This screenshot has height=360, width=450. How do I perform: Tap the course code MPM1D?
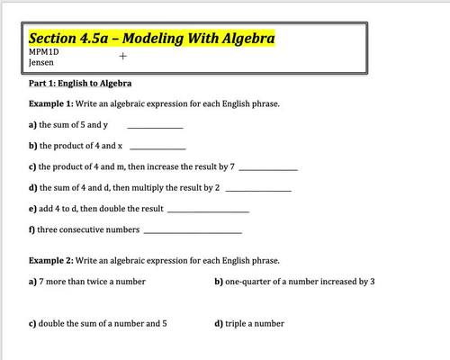point(42,53)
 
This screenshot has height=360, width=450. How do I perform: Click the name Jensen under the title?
point(41,63)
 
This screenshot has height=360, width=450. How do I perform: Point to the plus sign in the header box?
point(122,55)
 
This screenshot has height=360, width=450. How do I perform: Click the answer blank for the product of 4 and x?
point(158,147)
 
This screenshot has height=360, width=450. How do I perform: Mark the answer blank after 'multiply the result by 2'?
point(258,189)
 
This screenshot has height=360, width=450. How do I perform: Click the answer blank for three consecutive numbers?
point(193,231)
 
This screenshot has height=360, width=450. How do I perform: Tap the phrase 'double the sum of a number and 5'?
point(103,323)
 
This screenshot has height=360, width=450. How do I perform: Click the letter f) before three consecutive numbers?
point(32,230)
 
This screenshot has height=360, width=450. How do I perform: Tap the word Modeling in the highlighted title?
point(156,39)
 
